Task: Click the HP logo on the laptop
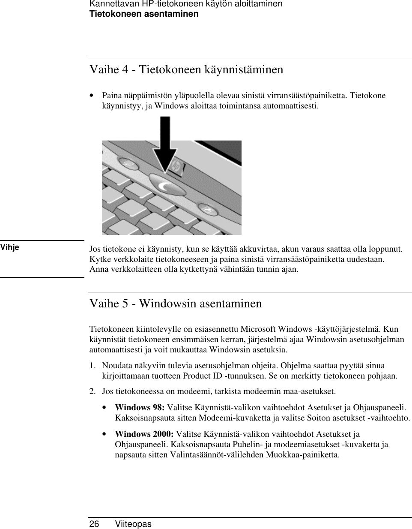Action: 176,166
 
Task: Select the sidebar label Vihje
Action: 10,247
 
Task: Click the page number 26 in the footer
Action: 94,524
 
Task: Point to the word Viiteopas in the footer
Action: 133,524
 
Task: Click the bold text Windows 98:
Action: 140,407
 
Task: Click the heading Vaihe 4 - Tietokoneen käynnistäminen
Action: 186,69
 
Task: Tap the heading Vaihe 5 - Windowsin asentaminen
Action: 175,303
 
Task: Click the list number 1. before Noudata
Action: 92,366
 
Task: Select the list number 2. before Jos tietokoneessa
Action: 92,391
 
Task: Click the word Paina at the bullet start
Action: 111,95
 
